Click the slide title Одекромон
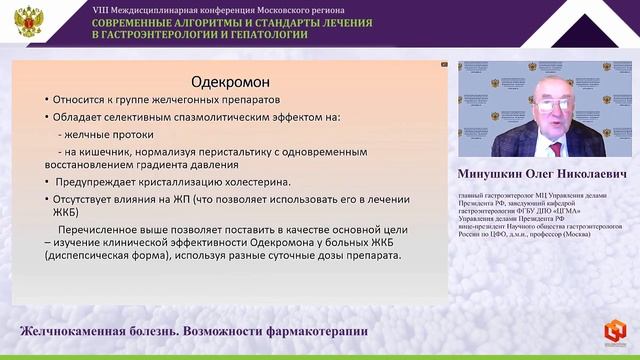coord(232,81)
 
